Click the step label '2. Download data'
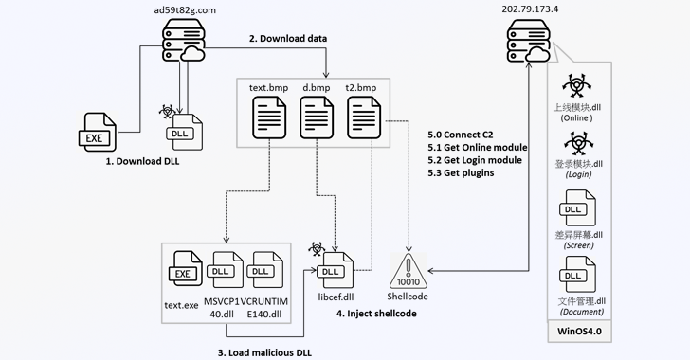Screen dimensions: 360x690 click(288, 39)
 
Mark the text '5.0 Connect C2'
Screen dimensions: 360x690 click(462, 135)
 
